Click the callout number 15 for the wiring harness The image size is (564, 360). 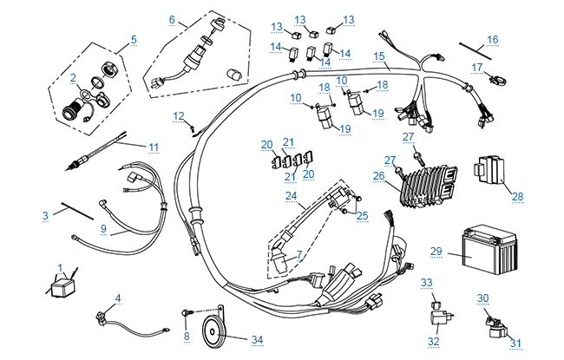(378, 56)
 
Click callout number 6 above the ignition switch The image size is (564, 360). (172, 19)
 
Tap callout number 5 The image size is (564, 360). (134, 39)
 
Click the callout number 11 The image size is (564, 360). (154, 147)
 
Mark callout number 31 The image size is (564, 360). (516, 343)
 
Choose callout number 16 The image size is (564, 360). (492, 39)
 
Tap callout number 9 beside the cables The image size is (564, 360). (102, 229)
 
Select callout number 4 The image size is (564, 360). (118, 298)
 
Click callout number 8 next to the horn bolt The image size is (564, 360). (186, 336)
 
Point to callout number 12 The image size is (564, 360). (178, 115)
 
